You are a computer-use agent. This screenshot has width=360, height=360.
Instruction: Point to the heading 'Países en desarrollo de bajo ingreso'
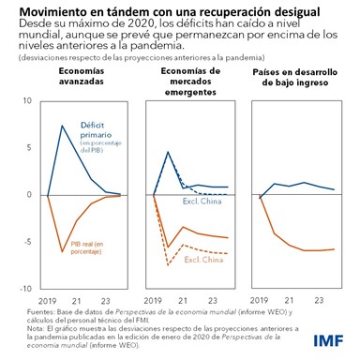297,78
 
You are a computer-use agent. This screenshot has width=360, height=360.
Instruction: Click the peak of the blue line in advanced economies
63,126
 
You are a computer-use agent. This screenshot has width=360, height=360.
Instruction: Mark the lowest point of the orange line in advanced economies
63,251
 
